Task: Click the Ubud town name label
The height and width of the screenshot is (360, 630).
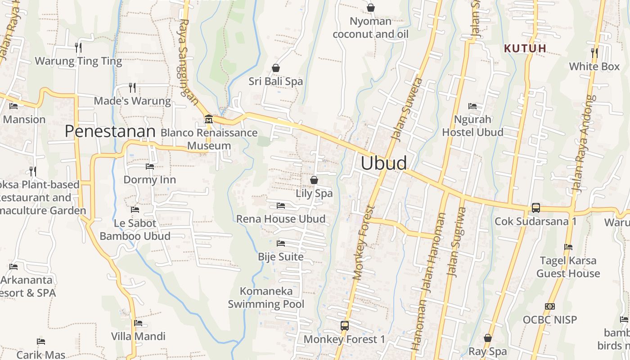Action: [384, 163]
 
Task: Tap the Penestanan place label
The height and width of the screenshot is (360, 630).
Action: [110, 131]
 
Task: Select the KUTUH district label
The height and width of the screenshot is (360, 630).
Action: [525, 48]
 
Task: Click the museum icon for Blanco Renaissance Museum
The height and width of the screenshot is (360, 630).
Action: [209, 119]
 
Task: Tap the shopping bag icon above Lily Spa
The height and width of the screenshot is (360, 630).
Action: [314, 180]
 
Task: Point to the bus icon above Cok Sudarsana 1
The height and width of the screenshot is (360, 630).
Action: [535, 208]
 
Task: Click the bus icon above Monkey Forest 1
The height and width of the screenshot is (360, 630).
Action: [345, 325]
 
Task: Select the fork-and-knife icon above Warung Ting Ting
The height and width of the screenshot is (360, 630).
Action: [78, 47]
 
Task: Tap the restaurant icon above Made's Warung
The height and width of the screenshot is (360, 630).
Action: [132, 87]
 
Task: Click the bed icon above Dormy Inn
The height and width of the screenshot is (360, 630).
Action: [150, 166]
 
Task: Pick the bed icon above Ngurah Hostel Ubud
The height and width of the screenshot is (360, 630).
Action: [472, 106]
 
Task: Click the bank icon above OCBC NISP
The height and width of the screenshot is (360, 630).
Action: [549, 306]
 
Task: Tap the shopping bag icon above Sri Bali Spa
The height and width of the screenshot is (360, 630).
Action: [276, 68]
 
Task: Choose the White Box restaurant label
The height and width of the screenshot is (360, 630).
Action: [594, 67]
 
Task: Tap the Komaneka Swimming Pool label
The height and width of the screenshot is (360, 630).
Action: [266, 297]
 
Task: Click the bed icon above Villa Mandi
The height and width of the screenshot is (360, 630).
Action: [138, 323]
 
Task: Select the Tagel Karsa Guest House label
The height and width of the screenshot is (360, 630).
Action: [568, 267]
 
